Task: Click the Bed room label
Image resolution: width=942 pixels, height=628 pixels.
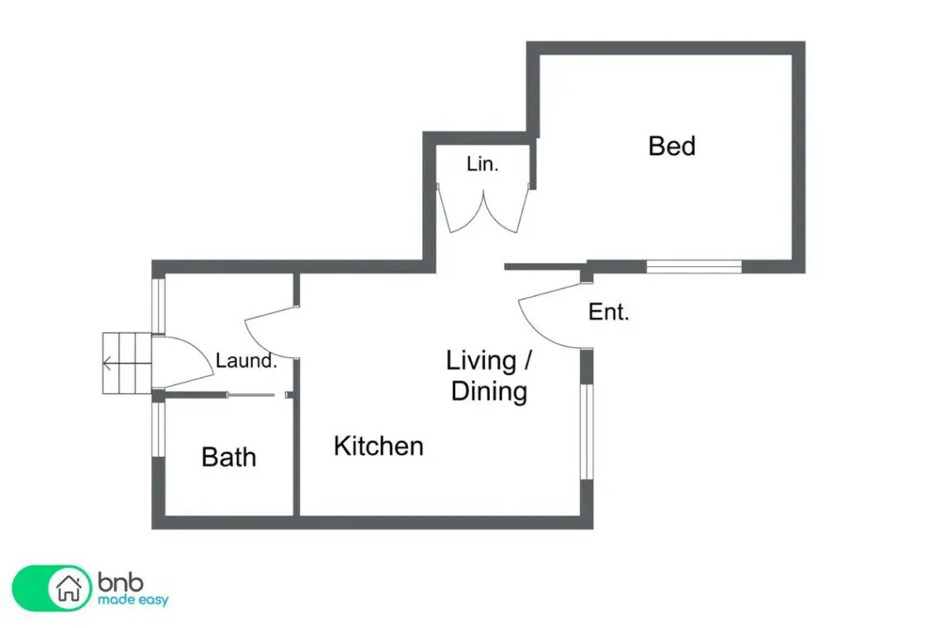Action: [x=672, y=146]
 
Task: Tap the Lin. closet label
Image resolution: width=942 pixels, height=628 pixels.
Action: [x=483, y=164]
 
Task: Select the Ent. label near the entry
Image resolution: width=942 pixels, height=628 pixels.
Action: [x=608, y=312]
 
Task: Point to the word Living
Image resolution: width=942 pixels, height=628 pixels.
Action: [x=481, y=360]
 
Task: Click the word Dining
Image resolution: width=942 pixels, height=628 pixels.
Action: [x=489, y=391]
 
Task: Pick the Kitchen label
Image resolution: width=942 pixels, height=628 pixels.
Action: [x=378, y=446]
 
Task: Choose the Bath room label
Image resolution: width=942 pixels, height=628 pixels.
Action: [x=229, y=457]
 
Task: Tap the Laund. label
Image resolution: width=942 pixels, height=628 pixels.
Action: [x=246, y=360]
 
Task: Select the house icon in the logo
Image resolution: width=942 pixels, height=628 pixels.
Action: [x=69, y=588]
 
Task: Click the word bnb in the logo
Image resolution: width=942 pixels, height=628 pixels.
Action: [x=121, y=582]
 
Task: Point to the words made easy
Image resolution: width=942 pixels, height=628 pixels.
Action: [x=133, y=600]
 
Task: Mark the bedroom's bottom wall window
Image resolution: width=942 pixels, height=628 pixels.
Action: [x=694, y=267]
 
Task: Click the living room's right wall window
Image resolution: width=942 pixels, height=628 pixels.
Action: [x=587, y=431]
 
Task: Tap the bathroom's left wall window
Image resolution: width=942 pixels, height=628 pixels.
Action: [x=159, y=429]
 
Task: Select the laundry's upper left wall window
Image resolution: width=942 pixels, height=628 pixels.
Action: [x=159, y=305]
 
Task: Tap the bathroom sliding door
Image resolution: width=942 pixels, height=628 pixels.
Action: [x=251, y=395]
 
